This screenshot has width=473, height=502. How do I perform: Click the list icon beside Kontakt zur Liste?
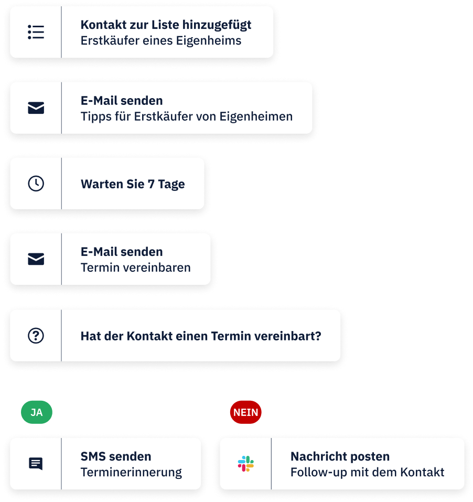pos(36,32)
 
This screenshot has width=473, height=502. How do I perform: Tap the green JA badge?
pos(37,412)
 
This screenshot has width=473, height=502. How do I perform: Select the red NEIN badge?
pos(246,412)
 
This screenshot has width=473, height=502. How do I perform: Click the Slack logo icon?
pos(246,464)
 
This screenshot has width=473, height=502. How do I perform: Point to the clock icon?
pos(36,184)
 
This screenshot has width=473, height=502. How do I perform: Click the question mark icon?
pos(36,336)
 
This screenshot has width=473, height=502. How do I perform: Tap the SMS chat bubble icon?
pos(36,464)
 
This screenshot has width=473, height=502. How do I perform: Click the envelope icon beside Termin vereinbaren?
pos(36,259)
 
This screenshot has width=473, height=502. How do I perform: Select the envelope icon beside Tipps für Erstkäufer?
pos(36,108)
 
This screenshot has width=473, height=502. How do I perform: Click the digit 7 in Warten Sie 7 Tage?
pos(151,184)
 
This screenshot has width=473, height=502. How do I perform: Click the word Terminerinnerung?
pos(131,472)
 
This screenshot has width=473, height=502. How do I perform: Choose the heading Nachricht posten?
pos(340,456)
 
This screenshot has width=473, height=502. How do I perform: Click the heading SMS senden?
pos(116,456)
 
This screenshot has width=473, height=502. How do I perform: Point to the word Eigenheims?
pos(209,41)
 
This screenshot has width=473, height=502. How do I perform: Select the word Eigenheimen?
pos(256,117)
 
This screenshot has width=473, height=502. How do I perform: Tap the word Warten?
pos(102,184)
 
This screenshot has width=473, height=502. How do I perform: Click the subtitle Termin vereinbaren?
pos(136,268)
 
